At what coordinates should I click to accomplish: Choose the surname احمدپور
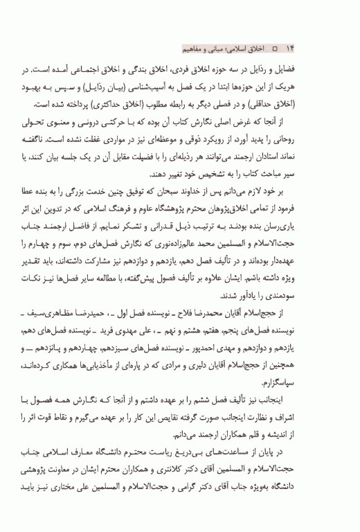coord(210,340)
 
